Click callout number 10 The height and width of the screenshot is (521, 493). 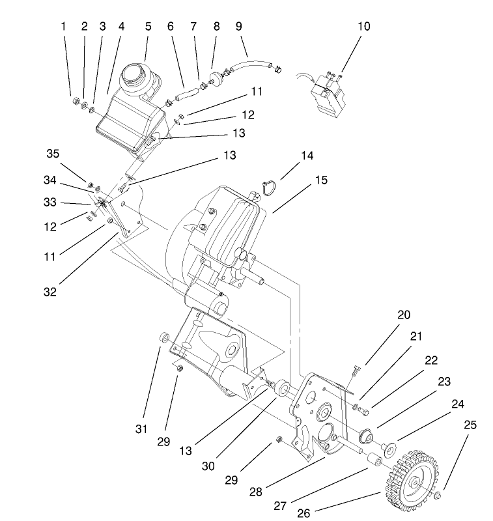[363, 27]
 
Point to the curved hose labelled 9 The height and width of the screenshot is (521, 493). [251, 64]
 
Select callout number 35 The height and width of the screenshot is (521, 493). [53, 154]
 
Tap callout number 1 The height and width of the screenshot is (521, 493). [63, 27]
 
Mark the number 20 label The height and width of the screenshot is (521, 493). [404, 315]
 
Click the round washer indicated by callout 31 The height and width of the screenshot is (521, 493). [165, 337]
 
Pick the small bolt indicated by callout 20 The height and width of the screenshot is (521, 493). [354, 372]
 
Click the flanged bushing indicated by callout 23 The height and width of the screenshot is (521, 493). [365, 433]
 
